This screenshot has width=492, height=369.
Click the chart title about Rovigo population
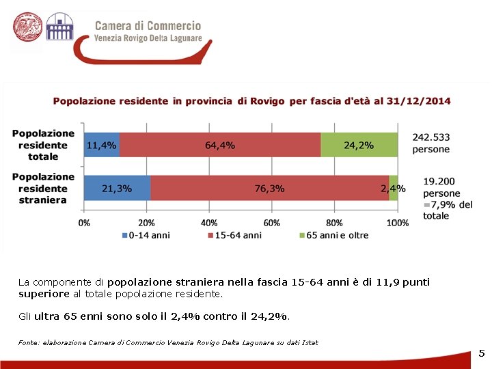(x=251, y=101)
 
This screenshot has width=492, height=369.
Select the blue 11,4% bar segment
(x=101, y=145)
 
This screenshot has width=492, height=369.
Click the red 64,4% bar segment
(x=220, y=145)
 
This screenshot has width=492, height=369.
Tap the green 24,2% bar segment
(x=359, y=145)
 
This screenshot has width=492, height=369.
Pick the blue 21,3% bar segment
(x=117, y=188)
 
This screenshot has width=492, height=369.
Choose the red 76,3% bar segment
(x=269, y=188)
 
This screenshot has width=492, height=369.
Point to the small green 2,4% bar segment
(x=394, y=188)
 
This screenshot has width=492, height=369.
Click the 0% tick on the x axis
(x=84, y=223)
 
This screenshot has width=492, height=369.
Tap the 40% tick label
(x=209, y=223)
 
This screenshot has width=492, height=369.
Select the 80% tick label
(x=334, y=223)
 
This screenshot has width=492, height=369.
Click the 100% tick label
(x=397, y=223)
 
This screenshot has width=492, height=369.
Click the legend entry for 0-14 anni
(x=146, y=235)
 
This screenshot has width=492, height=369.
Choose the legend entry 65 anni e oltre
(x=334, y=235)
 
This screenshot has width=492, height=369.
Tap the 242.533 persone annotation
(x=430, y=143)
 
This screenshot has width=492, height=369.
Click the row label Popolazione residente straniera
(x=43, y=188)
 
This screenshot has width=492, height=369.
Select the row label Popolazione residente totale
(x=43, y=145)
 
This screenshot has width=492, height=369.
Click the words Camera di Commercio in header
(x=148, y=26)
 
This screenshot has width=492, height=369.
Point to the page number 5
(x=481, y=353)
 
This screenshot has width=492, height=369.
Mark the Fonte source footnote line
(x=168, y=342)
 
